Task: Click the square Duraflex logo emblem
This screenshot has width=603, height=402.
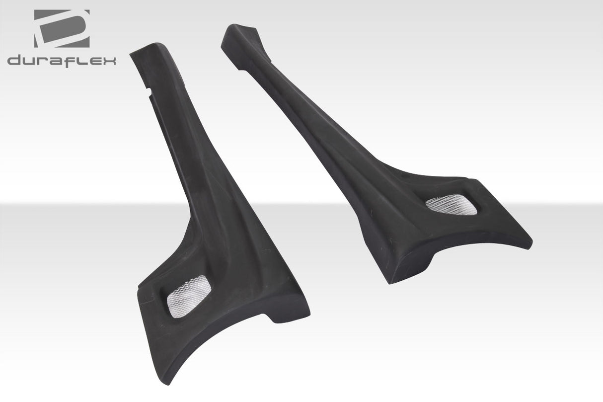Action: (x=62, y=28)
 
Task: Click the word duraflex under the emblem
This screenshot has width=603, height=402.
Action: (x=62, y=61)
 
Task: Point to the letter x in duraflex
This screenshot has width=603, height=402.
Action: (x=109, y=61)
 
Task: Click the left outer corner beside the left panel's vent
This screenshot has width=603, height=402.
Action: (x=140, y=286)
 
